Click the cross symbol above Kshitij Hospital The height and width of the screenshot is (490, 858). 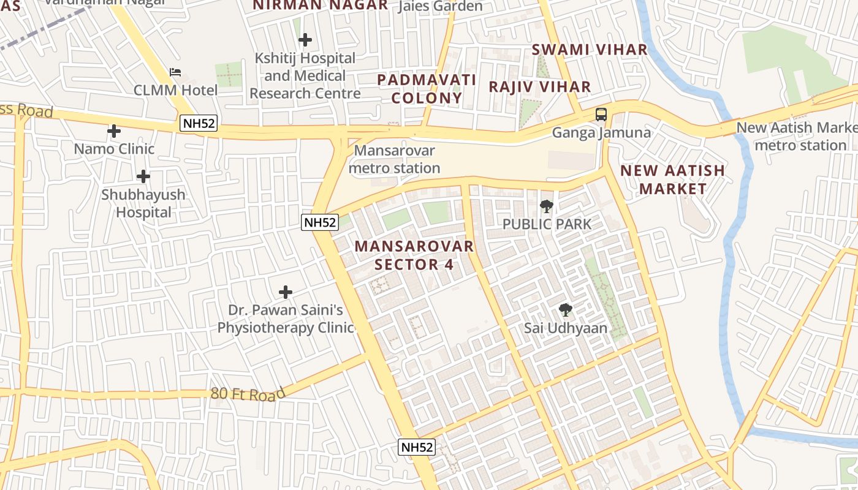pyautogui.click(x=305, y=40)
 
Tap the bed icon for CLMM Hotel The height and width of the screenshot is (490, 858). pyautogui.click(x=175, y=72)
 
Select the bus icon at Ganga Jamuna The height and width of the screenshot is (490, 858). pyautogui.click(x=601, y=114)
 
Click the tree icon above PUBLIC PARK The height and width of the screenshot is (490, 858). pyautogui.click(x=546, y=206)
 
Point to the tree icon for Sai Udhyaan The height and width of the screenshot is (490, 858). pyautogui.click(x=566, y=311)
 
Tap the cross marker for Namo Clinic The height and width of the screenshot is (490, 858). pyautogui.click(x=114, y=131)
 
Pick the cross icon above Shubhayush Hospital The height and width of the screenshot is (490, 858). pyautogui.click(x=143, y=176)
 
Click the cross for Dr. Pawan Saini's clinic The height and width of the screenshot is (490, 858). pyautogui.click(x=286, y=292)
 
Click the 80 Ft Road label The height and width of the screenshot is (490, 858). pyautogui.click(x=248, y=394)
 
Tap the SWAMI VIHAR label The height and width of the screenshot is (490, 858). pyautogui.click(x=589, y=50)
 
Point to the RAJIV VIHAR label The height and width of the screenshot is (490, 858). pyautogui.click(x=539, y=87)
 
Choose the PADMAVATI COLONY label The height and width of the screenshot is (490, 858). pyautogui.click(x=427, y=89)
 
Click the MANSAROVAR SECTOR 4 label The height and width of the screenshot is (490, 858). pyautogui.click(x=414, y=255)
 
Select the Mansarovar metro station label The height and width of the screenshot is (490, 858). pyautogui.click(x=395, y=159)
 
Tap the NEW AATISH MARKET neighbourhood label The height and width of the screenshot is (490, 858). pyautogui.click(x=673, y=179)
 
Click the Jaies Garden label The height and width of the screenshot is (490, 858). pyautogui.click(x=440, y=7)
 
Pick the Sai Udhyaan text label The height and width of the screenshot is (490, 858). pyautogui.click(x=566, y=328)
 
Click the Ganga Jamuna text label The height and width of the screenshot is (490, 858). pyautogui.click(x=601, y=133)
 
